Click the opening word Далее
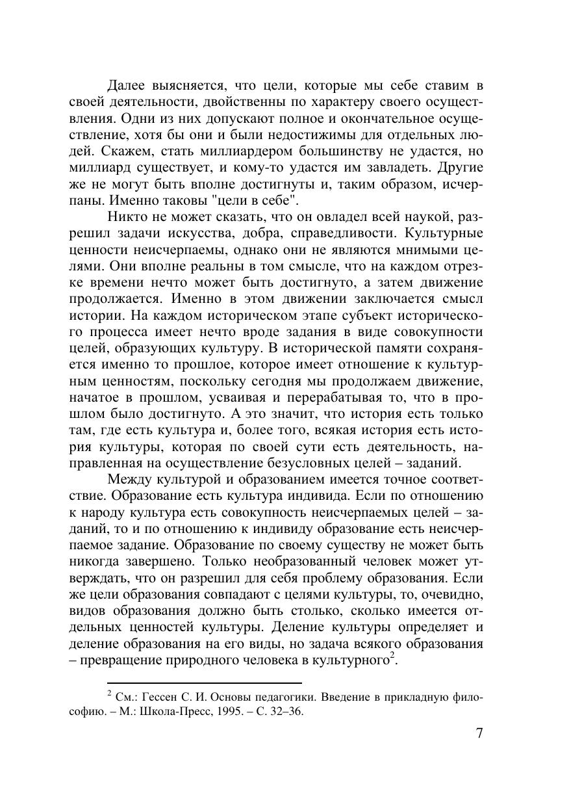(127, 86)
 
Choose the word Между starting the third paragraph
(129, 480)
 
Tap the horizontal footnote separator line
(204, 683)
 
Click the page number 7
(479, 734)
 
